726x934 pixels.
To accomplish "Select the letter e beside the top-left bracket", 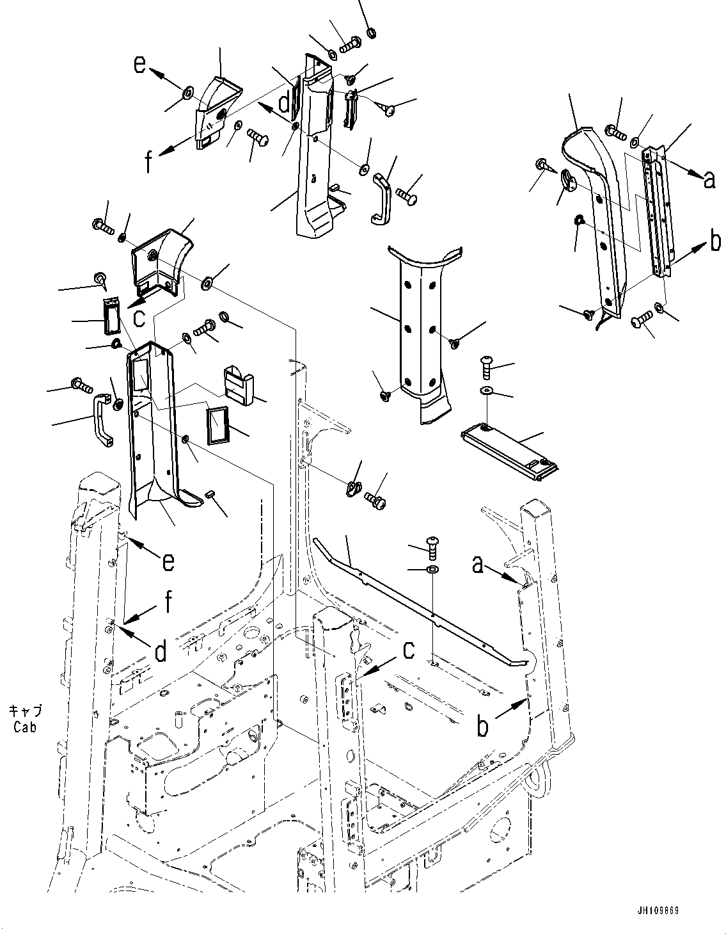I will point(140,64).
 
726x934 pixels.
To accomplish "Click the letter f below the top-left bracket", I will point(148,163).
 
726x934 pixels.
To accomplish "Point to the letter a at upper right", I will point(709,181).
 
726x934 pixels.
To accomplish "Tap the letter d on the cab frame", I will point(161,652).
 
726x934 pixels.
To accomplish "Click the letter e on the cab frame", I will point(168,561).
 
